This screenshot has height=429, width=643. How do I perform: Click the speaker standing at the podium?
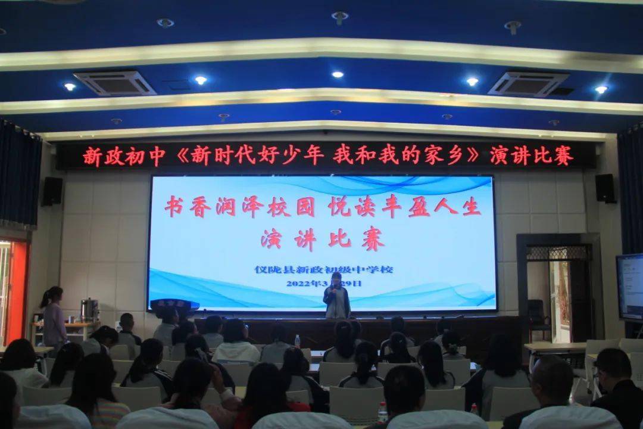[x=336, y=296]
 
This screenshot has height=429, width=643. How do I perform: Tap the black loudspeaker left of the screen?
[x=52, y=191]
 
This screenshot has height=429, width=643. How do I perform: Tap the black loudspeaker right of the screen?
[x=605, y=188]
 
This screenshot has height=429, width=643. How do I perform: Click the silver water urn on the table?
[x=89, y=310]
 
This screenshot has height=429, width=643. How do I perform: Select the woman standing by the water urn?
[x=54, y=319]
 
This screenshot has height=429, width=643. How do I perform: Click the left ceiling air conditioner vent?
[x=114, y=83]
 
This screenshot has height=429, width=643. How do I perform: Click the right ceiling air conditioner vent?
[x=528, y=83]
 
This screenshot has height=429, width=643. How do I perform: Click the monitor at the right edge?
[x=629, y=287]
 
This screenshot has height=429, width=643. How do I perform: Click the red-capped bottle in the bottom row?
[x=382, y=412]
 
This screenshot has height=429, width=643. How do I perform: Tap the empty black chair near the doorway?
[x=538, y=316]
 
